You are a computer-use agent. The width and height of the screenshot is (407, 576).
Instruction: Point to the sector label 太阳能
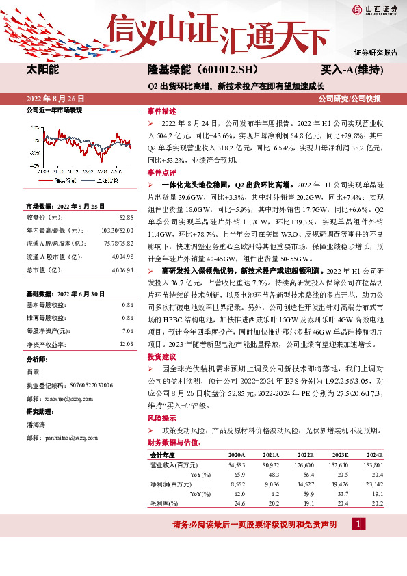tap(42, 70)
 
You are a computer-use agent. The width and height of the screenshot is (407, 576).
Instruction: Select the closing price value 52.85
tap(126, 217)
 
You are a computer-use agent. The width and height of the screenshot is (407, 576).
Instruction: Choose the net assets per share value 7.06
tap(127, 331)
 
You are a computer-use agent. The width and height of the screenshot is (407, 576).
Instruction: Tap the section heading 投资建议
tap(162, 357)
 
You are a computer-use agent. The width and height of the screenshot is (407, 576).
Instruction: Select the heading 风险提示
tap(162, 418)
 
